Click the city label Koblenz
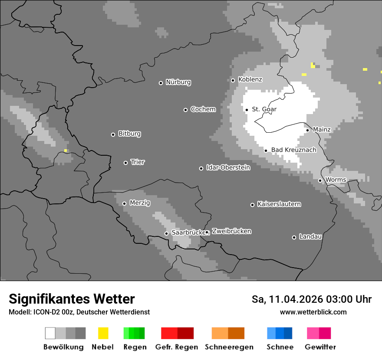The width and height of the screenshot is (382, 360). [250, 79]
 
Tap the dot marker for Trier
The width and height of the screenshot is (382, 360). [126, 163]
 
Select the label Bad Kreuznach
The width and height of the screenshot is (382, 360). [293, 150]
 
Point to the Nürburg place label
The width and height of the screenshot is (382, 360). [178, 82]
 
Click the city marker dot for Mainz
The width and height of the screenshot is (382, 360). [308, 130]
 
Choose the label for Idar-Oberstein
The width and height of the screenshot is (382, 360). [228, 167]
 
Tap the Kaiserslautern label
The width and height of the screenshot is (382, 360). [279, 204]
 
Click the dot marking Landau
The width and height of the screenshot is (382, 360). [294, 237]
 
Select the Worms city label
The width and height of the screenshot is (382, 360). [336, 180]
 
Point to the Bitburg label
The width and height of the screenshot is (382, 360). [129, 134]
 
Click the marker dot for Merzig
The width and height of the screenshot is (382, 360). [125, 203]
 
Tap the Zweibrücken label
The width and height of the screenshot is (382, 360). [231, 231]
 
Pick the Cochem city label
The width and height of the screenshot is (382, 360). [203, 109]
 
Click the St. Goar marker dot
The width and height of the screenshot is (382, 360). [247, 110]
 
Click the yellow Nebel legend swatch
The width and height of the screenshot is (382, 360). [103, 333]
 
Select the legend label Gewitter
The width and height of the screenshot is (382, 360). [320, 347]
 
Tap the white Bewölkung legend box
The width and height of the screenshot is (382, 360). [50, 333]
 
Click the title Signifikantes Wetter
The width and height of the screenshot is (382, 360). [72, 299]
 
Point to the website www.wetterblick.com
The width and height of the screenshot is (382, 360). [313, 312]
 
